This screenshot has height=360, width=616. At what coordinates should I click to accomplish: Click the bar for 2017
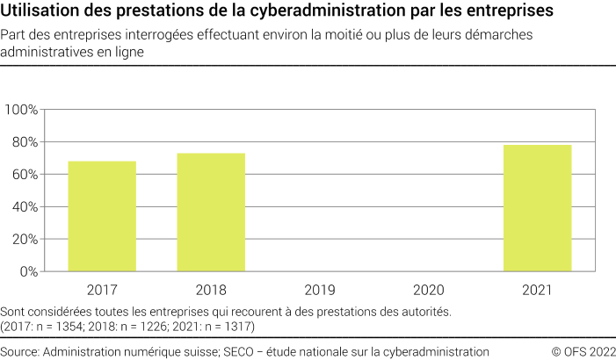(102, 216)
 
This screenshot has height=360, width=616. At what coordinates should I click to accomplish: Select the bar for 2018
(211, 212)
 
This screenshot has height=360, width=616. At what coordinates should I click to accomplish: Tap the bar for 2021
(538, 208)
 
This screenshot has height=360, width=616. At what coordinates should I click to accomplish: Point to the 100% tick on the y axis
(21, 110)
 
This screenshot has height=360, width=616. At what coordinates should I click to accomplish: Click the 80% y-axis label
(24, 142)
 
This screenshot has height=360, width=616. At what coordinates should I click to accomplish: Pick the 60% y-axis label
(24, 175)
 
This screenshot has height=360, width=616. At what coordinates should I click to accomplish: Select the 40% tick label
(24, 207)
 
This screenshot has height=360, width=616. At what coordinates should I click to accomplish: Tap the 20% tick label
(24, 240)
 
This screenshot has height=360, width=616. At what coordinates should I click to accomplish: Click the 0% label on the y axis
(27, 272)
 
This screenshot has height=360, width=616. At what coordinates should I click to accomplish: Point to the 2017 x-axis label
(102, 289)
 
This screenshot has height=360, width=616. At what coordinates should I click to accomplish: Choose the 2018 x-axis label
(211, 289)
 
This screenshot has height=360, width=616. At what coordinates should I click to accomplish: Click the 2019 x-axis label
(320, 289)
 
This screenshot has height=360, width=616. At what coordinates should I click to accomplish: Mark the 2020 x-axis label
(429, 289)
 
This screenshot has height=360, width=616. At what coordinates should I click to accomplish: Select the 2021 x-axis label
(538, 289)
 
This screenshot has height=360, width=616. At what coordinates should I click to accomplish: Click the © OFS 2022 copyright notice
(583, 351)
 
